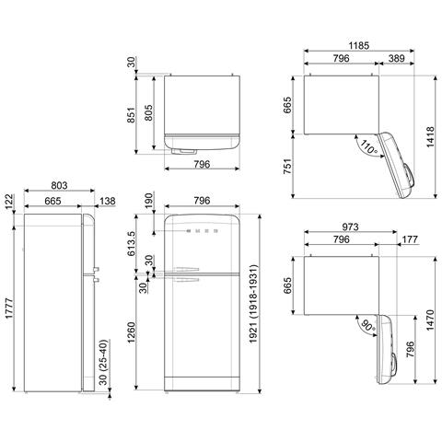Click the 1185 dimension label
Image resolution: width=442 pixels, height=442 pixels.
tap(359, 46)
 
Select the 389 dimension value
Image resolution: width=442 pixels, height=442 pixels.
tap(397, 58)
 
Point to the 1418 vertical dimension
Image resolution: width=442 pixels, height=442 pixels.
tap(431, 136)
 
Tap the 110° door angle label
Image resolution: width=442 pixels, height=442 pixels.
tap(368, 147)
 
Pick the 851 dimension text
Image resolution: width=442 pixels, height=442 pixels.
tap(132, 114)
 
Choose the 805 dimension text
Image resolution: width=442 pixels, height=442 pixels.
tap(148, 112)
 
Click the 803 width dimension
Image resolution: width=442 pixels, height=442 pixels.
tap(59, 185)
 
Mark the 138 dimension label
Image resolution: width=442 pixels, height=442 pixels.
tap(107, 201)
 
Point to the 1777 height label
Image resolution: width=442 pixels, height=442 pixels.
tap(10, 308)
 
